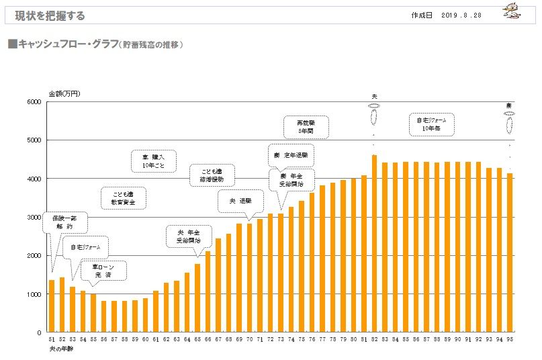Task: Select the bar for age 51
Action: point(52,306)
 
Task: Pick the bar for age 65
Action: point(197,298)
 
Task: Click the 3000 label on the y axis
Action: point(33,218)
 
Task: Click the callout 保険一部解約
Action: point(65,222)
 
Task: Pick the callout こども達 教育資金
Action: point(124,196)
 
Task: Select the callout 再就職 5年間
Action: point(306,126)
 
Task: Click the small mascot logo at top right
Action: point(516,10)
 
